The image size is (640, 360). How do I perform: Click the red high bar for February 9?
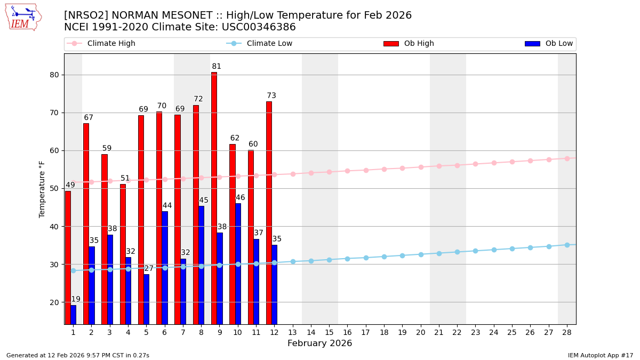214,198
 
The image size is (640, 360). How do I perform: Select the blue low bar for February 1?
73,314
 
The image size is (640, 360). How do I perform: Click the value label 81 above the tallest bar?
217,67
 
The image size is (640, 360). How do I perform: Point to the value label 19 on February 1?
76,299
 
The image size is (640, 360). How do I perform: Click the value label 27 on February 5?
149,268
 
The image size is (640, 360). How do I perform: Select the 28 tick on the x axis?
567,332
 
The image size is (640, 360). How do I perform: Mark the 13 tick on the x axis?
292,332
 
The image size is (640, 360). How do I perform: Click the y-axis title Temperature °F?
42,189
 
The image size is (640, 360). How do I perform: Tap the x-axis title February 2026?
319,343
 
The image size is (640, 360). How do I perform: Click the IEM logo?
23,17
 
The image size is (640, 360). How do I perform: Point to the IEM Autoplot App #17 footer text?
600,355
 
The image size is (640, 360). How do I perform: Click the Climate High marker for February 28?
567,158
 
